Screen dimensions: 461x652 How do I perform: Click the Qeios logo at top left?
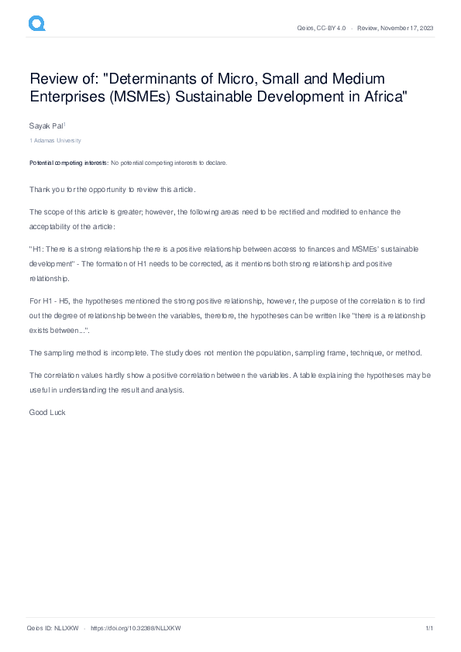(37, 24)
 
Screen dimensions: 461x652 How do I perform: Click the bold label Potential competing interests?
(69, 163)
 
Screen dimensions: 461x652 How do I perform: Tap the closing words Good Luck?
(47, 412)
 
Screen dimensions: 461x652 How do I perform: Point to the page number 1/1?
(429, 628)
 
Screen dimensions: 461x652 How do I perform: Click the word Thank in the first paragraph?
(40, 189)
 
